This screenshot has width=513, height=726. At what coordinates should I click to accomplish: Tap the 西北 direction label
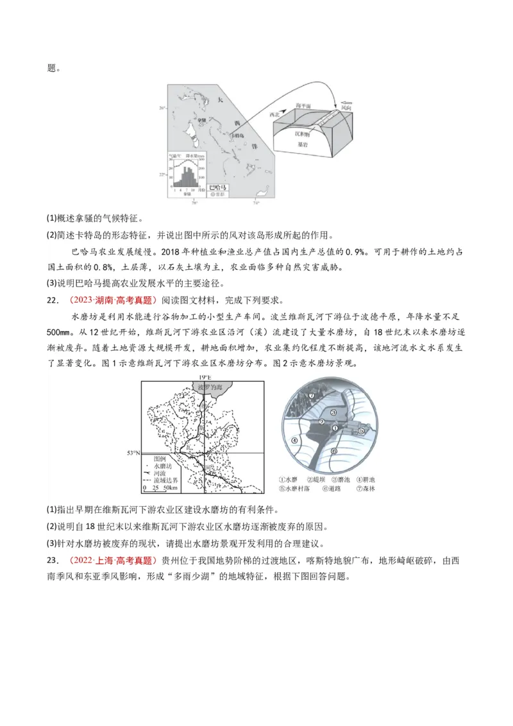[x=276, y=114]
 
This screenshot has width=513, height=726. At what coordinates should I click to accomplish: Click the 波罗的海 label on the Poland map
[x=205, y=389]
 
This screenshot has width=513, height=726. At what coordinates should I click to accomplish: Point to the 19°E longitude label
[x=205, y=377]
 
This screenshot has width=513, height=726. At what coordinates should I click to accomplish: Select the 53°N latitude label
[x=133, y=453]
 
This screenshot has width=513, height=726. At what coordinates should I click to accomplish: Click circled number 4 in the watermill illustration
[x=294, y=440]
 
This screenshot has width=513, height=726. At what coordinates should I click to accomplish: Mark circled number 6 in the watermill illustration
[x=334, y=451]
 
